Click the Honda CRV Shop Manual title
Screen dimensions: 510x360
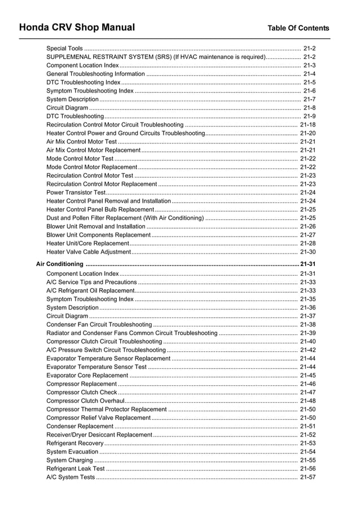(77, 27)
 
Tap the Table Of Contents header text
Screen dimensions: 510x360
(298, 28)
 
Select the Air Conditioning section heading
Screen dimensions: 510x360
(59, 264)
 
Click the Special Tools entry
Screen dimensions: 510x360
(64, 49)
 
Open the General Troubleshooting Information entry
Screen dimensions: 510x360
(96, 74)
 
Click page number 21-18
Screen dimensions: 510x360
(308, 125)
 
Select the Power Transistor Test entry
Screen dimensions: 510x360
(72, 193)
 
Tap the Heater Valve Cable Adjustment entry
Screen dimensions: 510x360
(89, 252)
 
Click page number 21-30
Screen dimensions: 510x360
(308, 252)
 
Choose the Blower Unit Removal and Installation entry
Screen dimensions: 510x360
(95, 226)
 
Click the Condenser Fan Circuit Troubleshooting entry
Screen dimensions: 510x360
(99, 325)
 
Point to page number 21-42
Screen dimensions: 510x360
(308, 350)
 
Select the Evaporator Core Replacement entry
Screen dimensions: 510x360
(87, 376)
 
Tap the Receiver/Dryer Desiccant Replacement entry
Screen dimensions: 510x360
(99, 435)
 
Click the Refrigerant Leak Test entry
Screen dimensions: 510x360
(75, 469)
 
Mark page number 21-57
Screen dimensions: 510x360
(308, 477)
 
